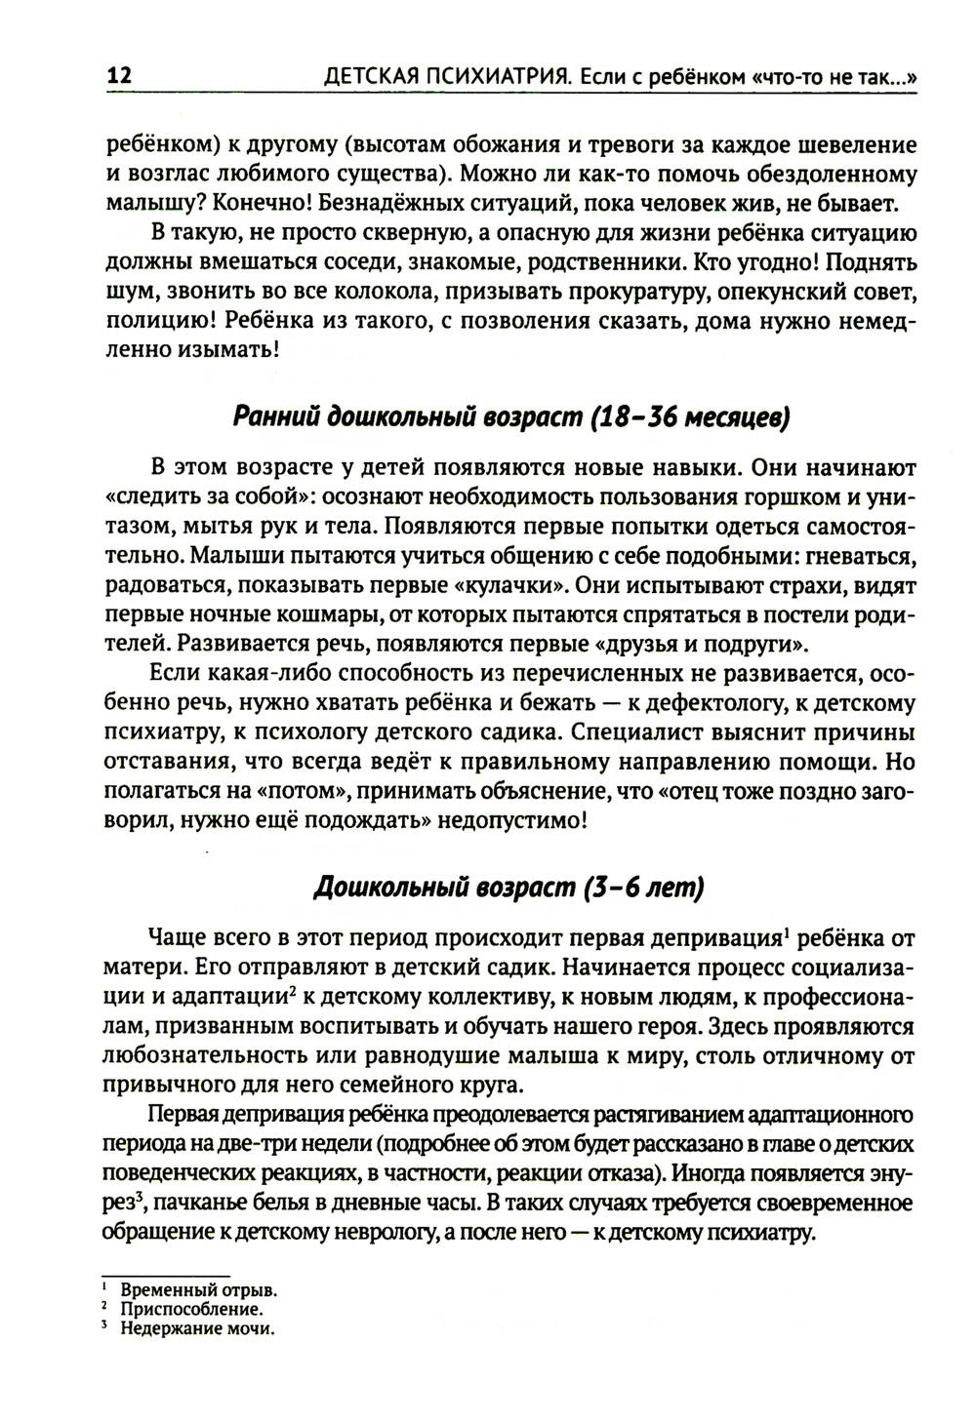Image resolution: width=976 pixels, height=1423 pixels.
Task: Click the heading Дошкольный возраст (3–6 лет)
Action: click(508, 887)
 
